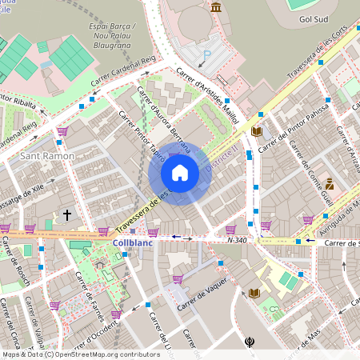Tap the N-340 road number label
coord(237,239)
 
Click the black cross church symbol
coord(67,214)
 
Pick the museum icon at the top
coord(216,7)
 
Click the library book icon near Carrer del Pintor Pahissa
coord(256,131)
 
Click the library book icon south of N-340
coord(254,294)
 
